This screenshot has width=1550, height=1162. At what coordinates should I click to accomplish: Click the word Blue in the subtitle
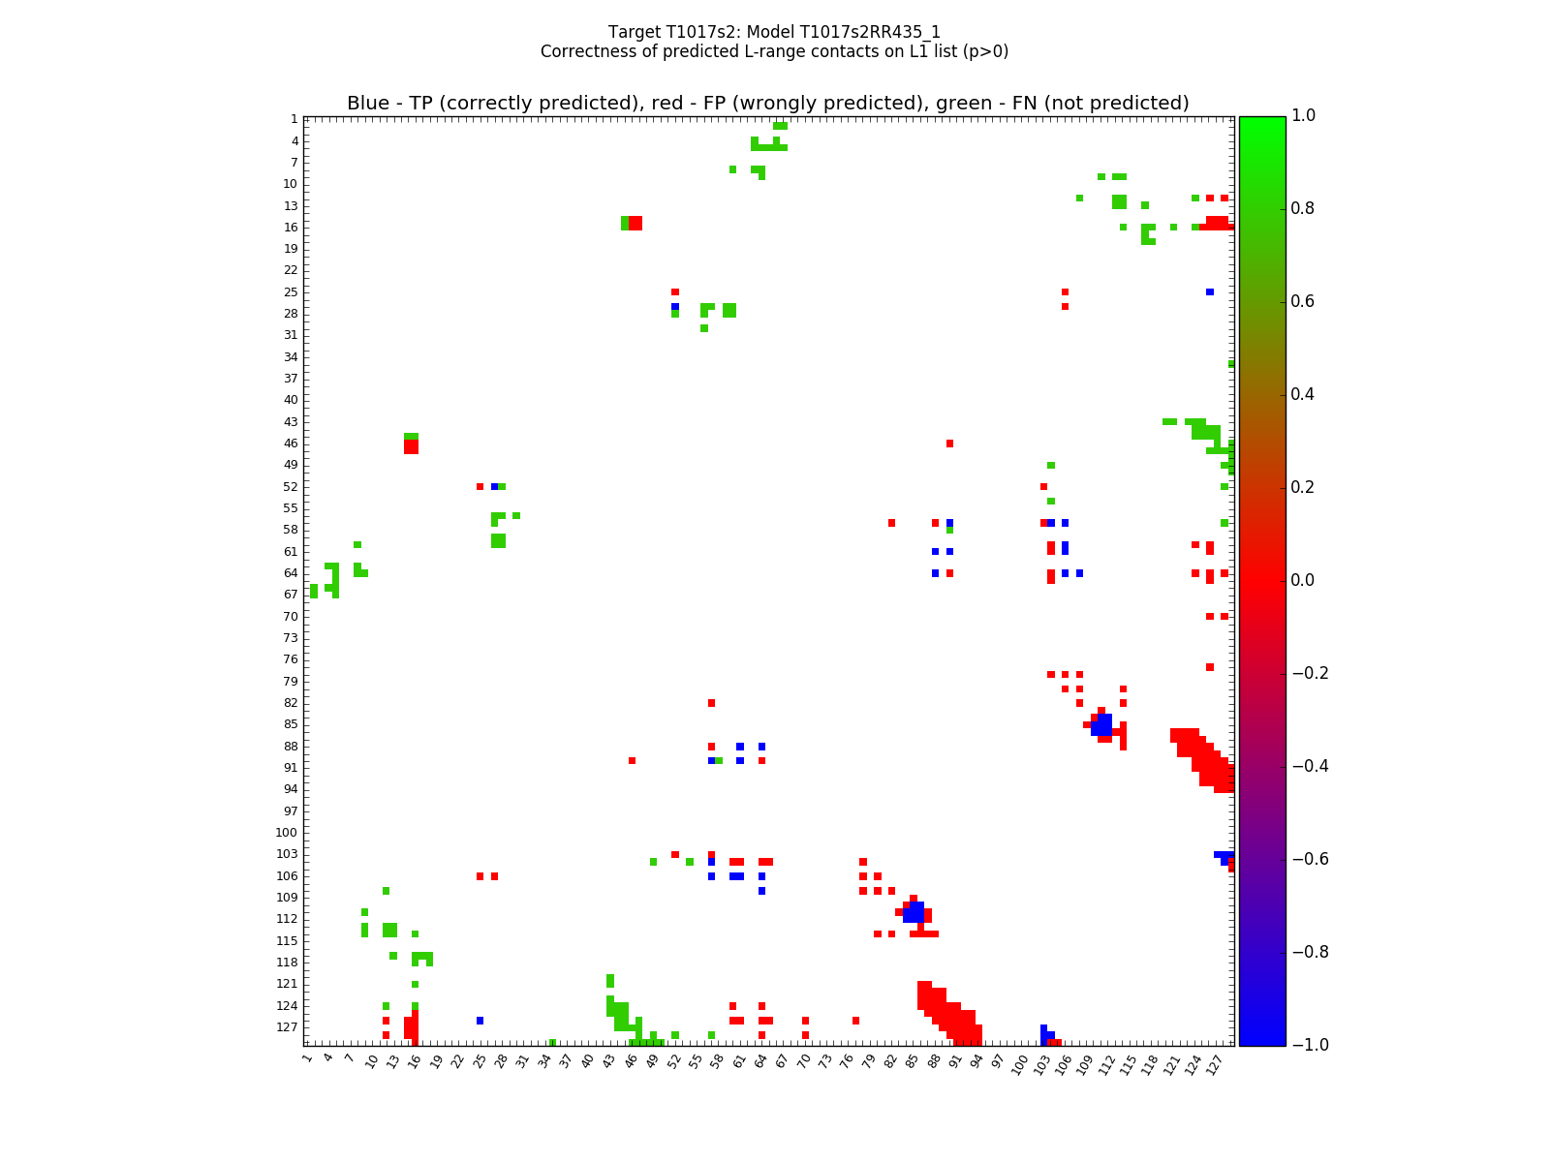(x=368, y=104)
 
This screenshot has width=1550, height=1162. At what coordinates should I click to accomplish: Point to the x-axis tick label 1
(x=307, y=1058)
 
